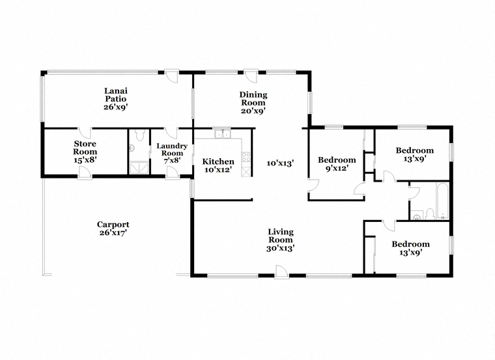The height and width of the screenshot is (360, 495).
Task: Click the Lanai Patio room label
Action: [x=116, y=95]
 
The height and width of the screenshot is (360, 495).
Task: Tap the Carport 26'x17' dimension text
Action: [x=113, y=233]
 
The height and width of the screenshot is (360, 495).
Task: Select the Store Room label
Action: [x=85, y=148]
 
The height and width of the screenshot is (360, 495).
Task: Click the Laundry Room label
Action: [x=172, y=150]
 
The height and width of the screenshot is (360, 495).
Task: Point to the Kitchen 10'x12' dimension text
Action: [x=218, y=170]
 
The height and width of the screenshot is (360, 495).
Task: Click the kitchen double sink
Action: [x=222, y=133]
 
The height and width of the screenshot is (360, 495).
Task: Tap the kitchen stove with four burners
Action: [x=246, y=157]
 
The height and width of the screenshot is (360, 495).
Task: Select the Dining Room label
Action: [x=253, y=99]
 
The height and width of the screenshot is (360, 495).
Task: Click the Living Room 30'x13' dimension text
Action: [x=281, y=249]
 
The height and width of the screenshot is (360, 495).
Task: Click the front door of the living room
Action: [x=281, y=271]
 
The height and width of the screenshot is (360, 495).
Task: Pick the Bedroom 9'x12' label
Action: [x=337, y=164]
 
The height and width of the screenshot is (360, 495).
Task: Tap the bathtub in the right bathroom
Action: [x=443, y=201]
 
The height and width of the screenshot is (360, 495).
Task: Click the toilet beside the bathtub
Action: [x=430, y=214]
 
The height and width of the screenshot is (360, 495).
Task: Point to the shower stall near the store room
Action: [x=139, y=167]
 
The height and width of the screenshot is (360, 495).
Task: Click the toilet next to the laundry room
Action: [x=139, y=135]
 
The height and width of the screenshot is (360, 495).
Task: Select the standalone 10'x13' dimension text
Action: [x=280, y=163]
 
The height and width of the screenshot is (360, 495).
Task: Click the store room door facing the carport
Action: [x=85, y=173]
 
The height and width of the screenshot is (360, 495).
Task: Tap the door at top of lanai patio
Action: [x=173, y=76]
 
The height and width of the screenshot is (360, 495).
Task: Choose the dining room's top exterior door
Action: [x=251, y=76]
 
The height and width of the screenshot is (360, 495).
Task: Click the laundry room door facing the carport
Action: [x=173, y=173]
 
